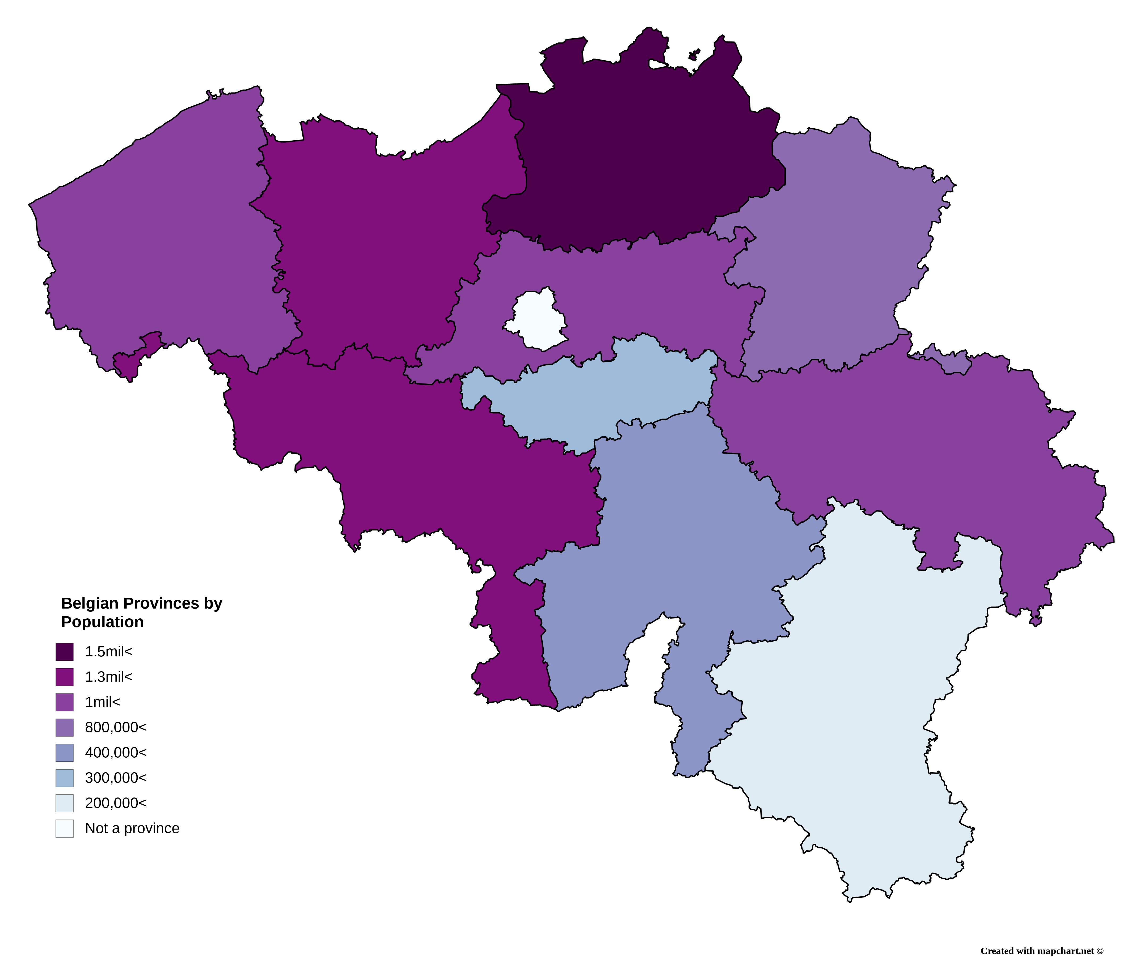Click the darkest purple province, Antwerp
641,158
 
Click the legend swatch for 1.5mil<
64,652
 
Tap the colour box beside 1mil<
64,702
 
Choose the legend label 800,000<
116,727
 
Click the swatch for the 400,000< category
64,753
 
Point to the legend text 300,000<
116,778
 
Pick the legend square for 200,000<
64,803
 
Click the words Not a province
132,828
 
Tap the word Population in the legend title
102,622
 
